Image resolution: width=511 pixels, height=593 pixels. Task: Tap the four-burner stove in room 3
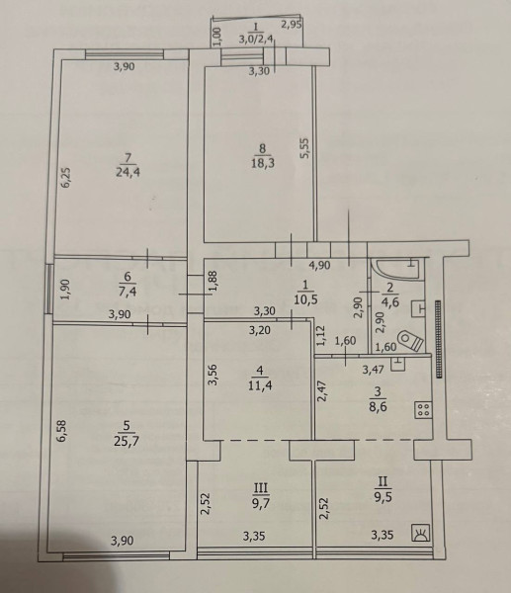[x=423, y=410]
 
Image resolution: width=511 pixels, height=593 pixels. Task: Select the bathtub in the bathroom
[x=395, y=269]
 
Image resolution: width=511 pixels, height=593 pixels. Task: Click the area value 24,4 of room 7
[x=128, y=172]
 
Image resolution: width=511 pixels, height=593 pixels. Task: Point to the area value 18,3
[x=263, y=163]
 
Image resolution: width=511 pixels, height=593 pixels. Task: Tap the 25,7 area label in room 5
[x=127, y=441]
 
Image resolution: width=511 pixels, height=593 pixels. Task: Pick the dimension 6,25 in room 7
[x=66, y=177]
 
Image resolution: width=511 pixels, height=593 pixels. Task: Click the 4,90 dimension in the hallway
[x=320, y=266]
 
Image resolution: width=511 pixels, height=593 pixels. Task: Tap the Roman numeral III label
[x=261, y=488]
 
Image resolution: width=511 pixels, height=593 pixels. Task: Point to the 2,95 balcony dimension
[x=291, y=25]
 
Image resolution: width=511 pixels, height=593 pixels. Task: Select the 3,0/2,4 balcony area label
[x=256, y=39]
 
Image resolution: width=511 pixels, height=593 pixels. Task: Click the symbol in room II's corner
[x=421, y=533]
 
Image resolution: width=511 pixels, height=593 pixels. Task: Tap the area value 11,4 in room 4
[x=261, y=386]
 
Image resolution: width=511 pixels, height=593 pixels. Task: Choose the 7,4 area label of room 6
[x=128, y=292]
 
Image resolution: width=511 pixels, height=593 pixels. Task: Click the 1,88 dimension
[x=213, y=281]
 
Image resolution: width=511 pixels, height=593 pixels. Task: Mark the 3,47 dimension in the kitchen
[x=373, y=369]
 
